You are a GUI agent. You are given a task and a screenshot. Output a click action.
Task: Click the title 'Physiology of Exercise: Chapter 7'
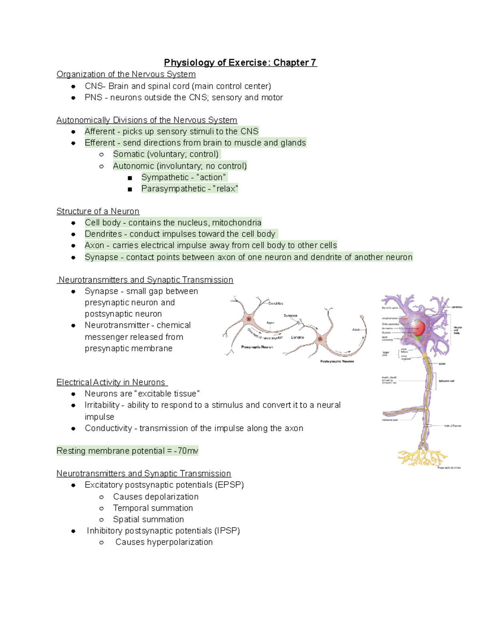[x=240, y=63]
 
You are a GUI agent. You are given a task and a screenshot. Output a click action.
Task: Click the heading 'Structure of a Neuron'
[x=98, y=211]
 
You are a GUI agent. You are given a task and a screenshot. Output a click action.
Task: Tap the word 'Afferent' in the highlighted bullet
[x=99, y=132]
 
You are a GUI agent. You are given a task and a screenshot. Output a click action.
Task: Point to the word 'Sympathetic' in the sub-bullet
[x=165, y=177]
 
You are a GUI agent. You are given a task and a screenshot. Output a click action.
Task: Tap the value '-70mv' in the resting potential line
[x=186, y=451]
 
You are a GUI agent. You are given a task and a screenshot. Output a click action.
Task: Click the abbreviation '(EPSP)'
[x=229, y=485]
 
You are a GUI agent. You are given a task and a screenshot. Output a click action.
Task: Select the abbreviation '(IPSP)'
[x=227, y=531]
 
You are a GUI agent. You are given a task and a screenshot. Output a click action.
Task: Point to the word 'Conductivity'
[x=108, y=428]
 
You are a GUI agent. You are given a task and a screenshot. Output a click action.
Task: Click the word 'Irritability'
[x=102, y=405]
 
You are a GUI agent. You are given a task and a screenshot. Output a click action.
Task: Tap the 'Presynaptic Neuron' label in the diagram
[x=257, y=347]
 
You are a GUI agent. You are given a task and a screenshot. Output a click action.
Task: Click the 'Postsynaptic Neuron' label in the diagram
[x=337, y=361]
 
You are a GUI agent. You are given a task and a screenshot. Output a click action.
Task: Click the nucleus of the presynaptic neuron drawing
[x=249, y=319]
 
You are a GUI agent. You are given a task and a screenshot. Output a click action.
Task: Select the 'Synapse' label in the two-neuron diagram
[x=290, y=316]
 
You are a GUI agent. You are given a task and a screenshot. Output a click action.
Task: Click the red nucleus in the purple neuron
[x=418, y=329]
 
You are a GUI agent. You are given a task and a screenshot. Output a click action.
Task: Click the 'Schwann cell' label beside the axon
[x=446, y=381]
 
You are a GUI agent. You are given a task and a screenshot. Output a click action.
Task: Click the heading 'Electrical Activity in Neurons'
[x=111, y=382]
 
